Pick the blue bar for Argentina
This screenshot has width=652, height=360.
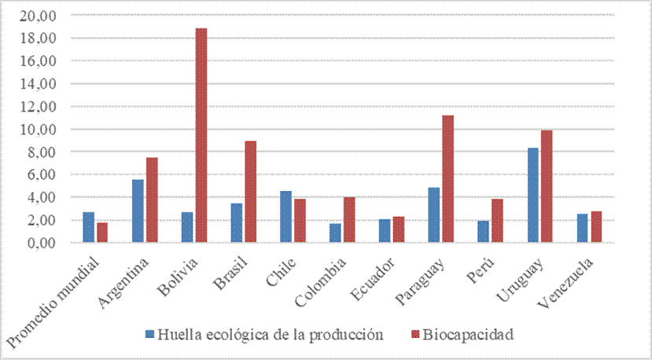pos(138,211)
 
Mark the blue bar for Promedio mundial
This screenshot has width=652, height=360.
pos(88,227)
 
